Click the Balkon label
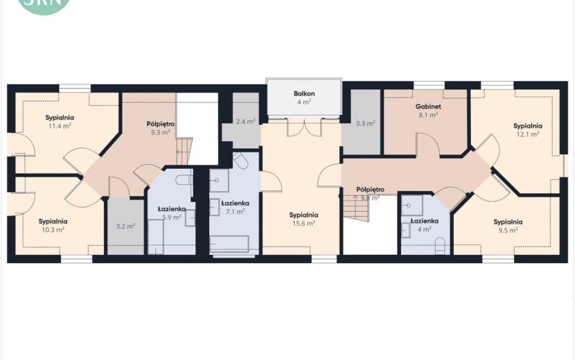pyautogui.click(x=304, y=93)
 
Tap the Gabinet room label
pyautogui.click(x=428, y=107)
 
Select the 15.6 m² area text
pyautogui.click(x=303, y=223)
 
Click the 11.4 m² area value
pyautogui.click(x=60, y=126)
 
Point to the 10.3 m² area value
pyautogui.click(x=53, y=229)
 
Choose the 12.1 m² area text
pyautogui.click(x=528, y=134)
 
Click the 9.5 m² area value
pyautogui.click(x=508, y=231)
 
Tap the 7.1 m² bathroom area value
pyautogui.click(x=235, y=212)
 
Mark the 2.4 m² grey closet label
pyautogui.click(x=245, y=122)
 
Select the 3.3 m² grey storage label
pyautogui.click(x=365, y=123)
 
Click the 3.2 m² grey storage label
pyautogui.click(x=125, y=226)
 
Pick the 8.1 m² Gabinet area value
pyautogui.click(x=428, y=115)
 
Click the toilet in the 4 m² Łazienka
pyautogui.click(x=440, y=246)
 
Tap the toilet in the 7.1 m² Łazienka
pyautogui.click(x=240, y=161)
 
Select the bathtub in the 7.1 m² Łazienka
pyautogui.click(x=229, y=244)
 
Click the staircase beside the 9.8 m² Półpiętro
pyautogui.click(x=357, y=208)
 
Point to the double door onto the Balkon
pyautogui.click(x=304, y=127)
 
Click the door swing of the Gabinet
pyautogui.click(x=428, y=145)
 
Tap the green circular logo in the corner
pyautogui.click(x=44, y=5)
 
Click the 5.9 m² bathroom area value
pyautogui.click(x=172, y=217)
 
